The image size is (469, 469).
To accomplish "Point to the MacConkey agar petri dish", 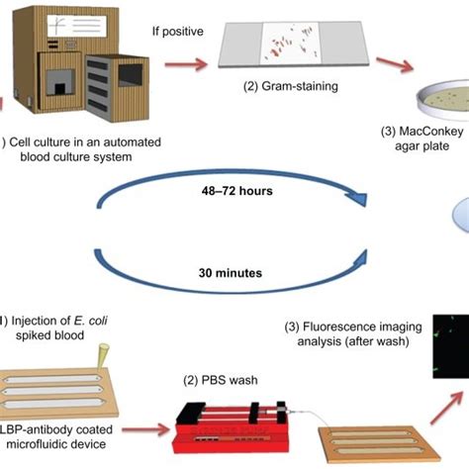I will (434, 100).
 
